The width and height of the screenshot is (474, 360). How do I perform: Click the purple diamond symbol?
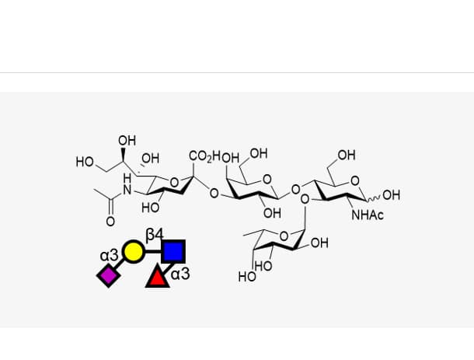109,275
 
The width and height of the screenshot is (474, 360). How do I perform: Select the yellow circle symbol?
133,251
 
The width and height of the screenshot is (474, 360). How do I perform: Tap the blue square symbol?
173,251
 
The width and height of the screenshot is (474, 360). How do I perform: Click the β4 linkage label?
155,235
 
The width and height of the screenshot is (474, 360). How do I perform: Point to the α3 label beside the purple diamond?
109,256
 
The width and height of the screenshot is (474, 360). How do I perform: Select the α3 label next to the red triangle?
180,274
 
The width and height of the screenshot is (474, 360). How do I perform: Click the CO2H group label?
205,156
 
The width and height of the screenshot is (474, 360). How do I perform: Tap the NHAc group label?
368,215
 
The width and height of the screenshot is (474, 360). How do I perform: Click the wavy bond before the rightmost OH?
374,199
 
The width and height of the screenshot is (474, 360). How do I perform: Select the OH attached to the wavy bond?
391,195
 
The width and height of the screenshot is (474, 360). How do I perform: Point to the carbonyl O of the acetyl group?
110,222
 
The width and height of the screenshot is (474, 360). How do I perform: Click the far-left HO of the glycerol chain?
85,162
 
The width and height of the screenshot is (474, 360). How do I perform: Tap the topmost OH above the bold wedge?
127,141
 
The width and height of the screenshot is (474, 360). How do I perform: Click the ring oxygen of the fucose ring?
284,236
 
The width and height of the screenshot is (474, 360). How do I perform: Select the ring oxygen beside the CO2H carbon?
174,183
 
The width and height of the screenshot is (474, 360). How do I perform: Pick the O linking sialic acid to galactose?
214,193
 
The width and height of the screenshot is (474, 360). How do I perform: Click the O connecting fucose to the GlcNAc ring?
305,199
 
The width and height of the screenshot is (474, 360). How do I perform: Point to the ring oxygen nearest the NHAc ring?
354,180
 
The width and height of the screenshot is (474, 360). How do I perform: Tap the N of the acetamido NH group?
127,190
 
